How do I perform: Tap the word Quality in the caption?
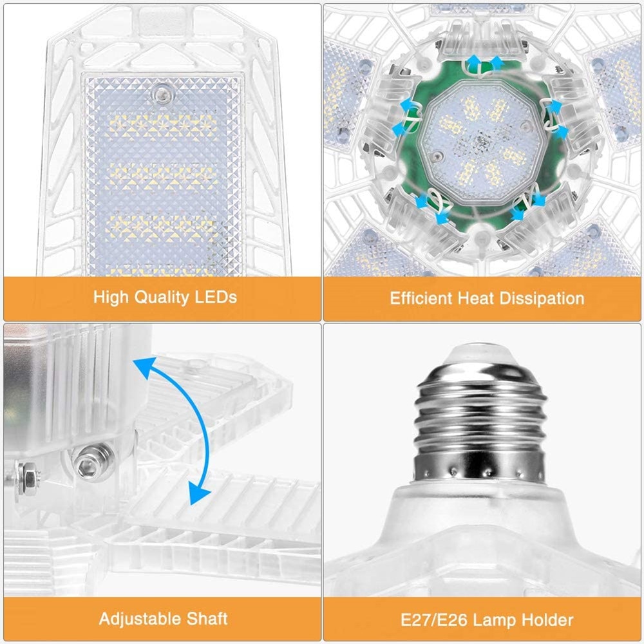pos(162,297)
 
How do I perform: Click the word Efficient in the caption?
pos(421,298)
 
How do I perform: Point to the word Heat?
pos(477,298)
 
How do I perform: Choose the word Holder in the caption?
pos(545,620)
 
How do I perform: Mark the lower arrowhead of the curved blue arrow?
pos(199,495)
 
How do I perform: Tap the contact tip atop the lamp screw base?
pos(480,353)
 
